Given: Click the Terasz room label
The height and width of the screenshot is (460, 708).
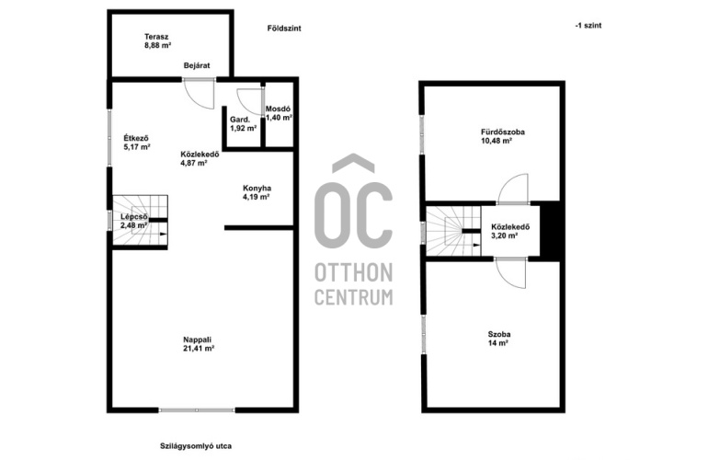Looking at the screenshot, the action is click(x=156, y=37).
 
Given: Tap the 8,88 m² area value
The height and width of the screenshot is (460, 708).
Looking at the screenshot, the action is click(x=157, y=45).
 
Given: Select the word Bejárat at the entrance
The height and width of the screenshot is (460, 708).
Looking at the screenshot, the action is click(x=197, y=65).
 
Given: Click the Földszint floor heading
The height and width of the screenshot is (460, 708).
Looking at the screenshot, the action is click(x=284, y=28).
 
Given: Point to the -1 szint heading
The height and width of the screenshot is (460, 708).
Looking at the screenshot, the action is click(x=588, y=26).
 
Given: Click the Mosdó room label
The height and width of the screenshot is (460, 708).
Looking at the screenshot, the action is click(x=278, y=109).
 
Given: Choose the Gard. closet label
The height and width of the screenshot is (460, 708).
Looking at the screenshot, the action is click(x=240, y=120).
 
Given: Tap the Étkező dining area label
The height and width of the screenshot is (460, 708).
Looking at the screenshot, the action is click(x=136, y=138).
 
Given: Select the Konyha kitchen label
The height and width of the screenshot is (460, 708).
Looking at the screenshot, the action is click(x=257, y=188).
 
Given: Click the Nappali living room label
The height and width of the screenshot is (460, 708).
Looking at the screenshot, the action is click(x=198, y=339).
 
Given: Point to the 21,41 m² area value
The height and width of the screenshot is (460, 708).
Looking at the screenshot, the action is click(x=199, y=349).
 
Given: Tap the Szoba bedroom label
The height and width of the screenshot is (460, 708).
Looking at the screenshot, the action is click(x=499, y=334).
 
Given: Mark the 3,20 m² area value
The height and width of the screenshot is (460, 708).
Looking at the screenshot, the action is click(x=504, y=236).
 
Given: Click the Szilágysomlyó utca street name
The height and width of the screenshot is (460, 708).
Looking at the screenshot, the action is click(x=196, y=446).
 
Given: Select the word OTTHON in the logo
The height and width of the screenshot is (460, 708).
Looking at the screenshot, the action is click(x=354, y=273).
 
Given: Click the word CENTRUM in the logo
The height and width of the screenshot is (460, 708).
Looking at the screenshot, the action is click(x=354, y=297).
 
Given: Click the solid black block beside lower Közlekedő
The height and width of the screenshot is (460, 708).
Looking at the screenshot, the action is click(x=550, y=230).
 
